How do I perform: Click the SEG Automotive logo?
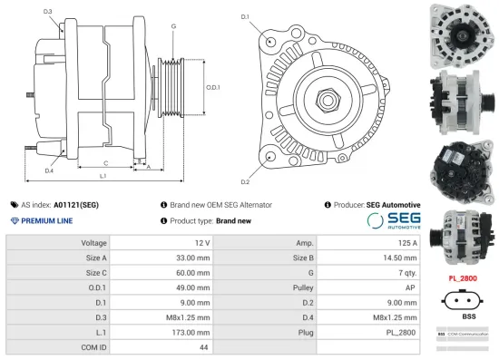(x=393, y=220)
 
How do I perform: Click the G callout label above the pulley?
(x=172, y=26)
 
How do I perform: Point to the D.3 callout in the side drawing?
(x=48, y=12)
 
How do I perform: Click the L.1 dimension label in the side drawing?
(x=103, y=175)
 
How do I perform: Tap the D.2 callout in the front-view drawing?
(x=245, y=170)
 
